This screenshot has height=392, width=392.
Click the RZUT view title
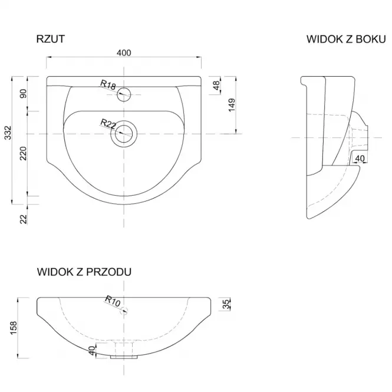pyautogui.click(x=51, y=39)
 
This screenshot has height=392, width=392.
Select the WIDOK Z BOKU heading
pyautogui.click(x=346, y=39)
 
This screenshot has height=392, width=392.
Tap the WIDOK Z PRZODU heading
pyautogui.click(x=84, y=272)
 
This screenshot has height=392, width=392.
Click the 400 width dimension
pyautogui.click(x=124, y=52)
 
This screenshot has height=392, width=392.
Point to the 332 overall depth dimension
pyautogui.click(x=8, y=133)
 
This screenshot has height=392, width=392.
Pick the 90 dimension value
pyautogui.click(x=23, y=94)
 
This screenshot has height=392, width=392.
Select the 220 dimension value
pyautogui.click(x=23, y=153)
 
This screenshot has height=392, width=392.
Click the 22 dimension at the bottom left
pyautogui.click(x=23, y=219)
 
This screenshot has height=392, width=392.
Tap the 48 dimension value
pyautogui.click(x=216, y=85)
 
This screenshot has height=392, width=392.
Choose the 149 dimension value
pyautogui.click(x=232, y=105)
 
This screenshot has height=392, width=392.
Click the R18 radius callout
pyautogui.click(x=108, y=85)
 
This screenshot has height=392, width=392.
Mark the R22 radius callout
pyautogui.click(x=108, y=124)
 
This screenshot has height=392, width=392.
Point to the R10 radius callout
pyautogui.click(x=113, y=301)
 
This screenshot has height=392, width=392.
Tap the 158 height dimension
pyautogui.click(x=13, y=328)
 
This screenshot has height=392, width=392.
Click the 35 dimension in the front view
pyautogui.click(x=226, y=304)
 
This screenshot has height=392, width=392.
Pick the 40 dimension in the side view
pyautogui.click(x=360, y=158)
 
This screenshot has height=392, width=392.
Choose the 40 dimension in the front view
pyautogui.click(x=92, y=351)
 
